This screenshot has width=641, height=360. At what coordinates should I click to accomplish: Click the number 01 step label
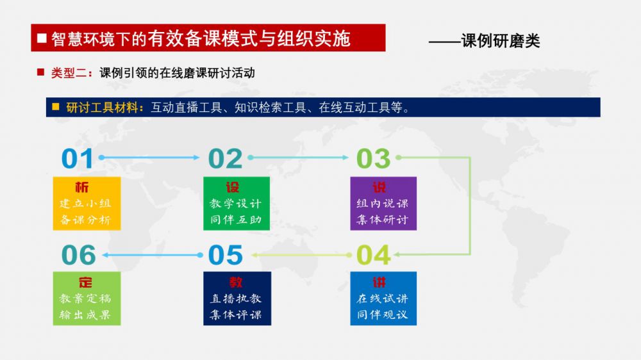tap(78, 159)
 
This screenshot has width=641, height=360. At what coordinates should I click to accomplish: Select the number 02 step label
tap(225, 159)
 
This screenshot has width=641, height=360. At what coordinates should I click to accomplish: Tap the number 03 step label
tap(373, 159)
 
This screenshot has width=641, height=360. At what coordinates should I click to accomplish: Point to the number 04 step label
tap(374, 255)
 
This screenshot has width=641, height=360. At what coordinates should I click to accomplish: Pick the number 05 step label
tap(225, 255)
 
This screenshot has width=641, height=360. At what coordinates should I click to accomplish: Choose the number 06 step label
tap(78, 255)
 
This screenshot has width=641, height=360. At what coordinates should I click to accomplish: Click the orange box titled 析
tap(87, 204)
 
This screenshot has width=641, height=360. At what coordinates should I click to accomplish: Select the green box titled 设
tap(237, 204)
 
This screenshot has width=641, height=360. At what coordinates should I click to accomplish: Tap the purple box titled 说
tap(383, 204)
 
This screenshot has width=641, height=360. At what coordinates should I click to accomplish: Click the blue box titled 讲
tap(383, 299)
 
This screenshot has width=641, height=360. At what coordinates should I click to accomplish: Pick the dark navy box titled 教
tap(237, 299)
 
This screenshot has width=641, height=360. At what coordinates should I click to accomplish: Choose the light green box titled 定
tap(87, 299)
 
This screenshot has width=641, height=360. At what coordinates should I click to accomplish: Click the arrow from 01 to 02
tap(149, 158)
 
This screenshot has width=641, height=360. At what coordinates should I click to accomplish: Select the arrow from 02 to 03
tap(298, 158)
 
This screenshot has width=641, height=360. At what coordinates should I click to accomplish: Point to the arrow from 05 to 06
tap(153, 255)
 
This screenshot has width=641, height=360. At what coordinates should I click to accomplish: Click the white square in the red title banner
tap(42, 38)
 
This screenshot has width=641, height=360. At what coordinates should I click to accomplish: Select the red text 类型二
tap(69, 73)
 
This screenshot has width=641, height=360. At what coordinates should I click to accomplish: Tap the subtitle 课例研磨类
tap(501, 41)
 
